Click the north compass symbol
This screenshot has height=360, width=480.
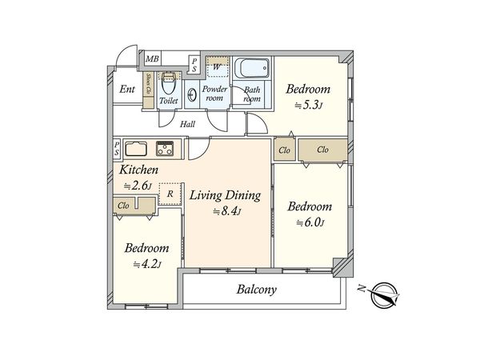(x=383, y=294)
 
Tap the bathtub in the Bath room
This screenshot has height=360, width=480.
(x=253, y=69)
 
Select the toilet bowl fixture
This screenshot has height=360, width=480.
(x=168, y=83)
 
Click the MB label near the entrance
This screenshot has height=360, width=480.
(x=152, y=58)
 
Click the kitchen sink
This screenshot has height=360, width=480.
(x=136, y=149)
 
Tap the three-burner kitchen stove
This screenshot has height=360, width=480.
(x=165, y=149)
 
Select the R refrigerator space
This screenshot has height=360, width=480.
(x=170, y=194)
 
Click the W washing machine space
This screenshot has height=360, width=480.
(x=217, y=67)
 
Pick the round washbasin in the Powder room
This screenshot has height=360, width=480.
(x=192, y=95)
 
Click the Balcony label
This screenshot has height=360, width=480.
(x=257, y=290)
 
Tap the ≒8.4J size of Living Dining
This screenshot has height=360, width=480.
(x=227, y=211)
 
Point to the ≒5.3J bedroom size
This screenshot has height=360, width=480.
(x=309, y=106)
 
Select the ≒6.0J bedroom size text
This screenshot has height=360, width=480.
(x=310, y=222)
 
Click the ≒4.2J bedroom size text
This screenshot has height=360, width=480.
(x=147, y=264)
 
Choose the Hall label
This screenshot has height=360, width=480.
(x=187, y=124)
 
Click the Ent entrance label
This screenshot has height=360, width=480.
(x=127, y=90)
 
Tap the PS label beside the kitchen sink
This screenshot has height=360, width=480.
(x=117, y=149)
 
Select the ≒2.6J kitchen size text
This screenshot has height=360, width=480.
(x=138, y=186)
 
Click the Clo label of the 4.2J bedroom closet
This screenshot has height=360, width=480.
(x=123, y=206)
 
